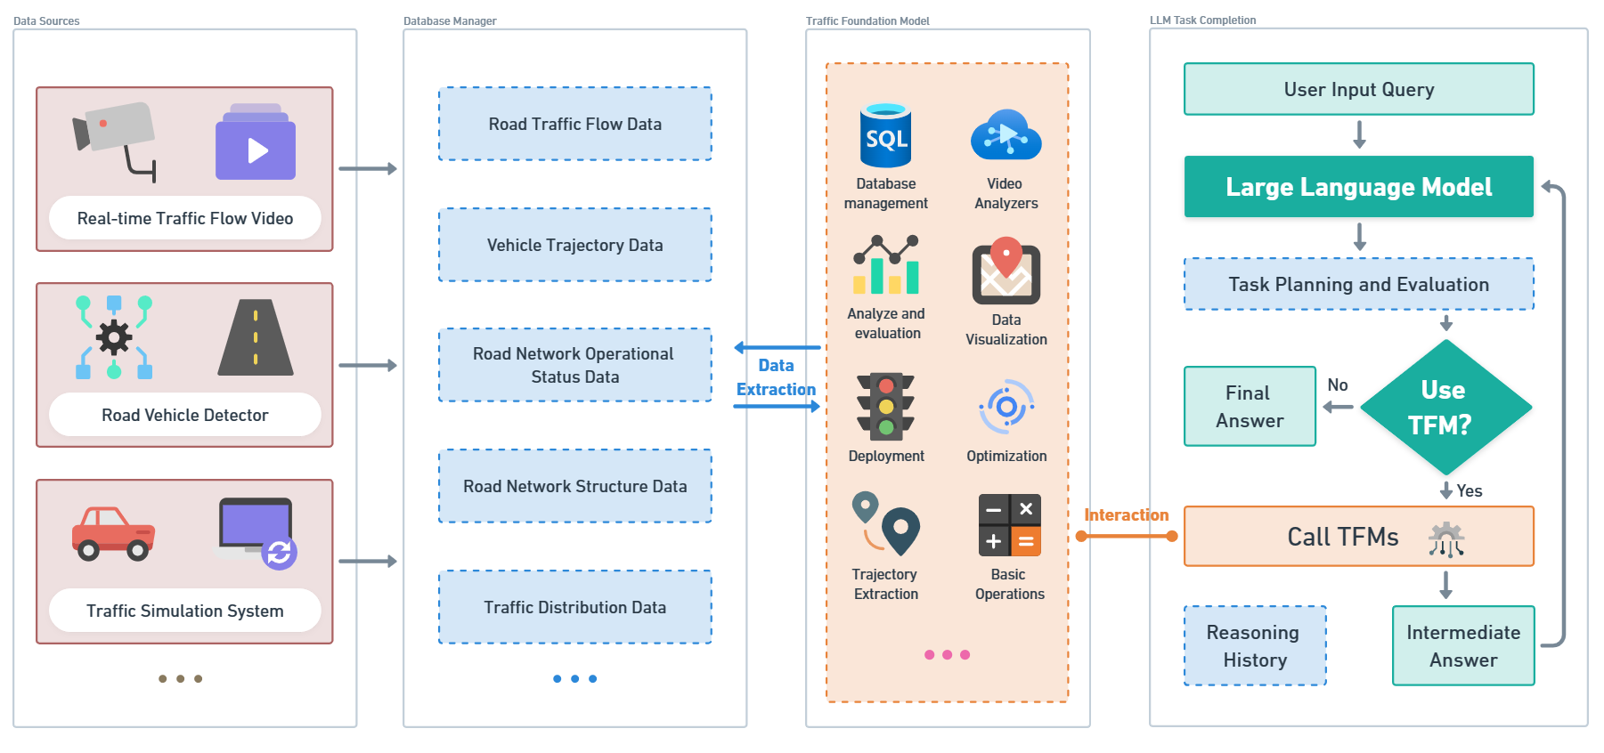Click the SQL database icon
[885, 135]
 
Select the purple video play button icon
[256, 143]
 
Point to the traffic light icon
[885, 406]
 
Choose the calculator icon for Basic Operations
[1009, 525]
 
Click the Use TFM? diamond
[1445, 407]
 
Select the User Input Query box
[1358, 89]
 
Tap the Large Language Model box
[1358, 187]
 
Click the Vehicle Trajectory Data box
[574, 245]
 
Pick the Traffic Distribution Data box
[574, 607]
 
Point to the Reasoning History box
[1254, 645]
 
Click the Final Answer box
[1250, 406]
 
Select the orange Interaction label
[1126, 515]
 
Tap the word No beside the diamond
[1337, 385]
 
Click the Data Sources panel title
[46, 21]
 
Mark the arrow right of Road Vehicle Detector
[367, 365]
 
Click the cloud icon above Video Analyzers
[1006, 135]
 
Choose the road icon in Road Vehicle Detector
[256, 337]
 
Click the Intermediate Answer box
[1462, 645]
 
